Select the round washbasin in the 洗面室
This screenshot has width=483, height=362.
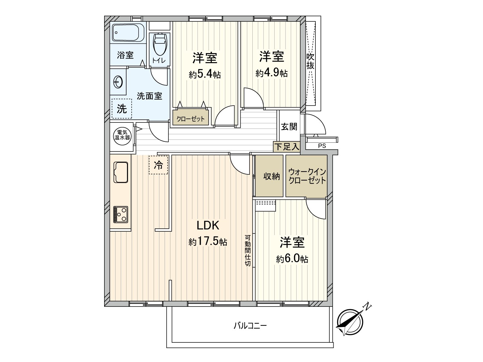click(x=117, y=81)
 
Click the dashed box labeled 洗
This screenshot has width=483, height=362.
click(x=122, y=109)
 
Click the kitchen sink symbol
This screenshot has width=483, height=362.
click(x=121, y=172)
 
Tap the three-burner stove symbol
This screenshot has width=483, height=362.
click(x=120, y=214)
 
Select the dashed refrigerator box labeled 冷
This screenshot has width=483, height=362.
click(x=158, y=165)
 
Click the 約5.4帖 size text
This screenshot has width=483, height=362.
click(x=205, y=74)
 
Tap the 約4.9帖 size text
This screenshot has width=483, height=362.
click(x=271, y=73)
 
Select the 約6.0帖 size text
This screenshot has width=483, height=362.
click(x=292, y=259)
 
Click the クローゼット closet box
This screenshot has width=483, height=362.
click(x=190, y=119)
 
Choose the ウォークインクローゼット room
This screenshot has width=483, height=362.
click(x=307, y=176)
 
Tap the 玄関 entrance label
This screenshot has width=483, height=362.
click(x=289, y=126)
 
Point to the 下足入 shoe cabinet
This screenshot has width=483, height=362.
click(x=287, y=147)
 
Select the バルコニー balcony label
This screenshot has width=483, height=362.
click(x=250, y=326)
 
